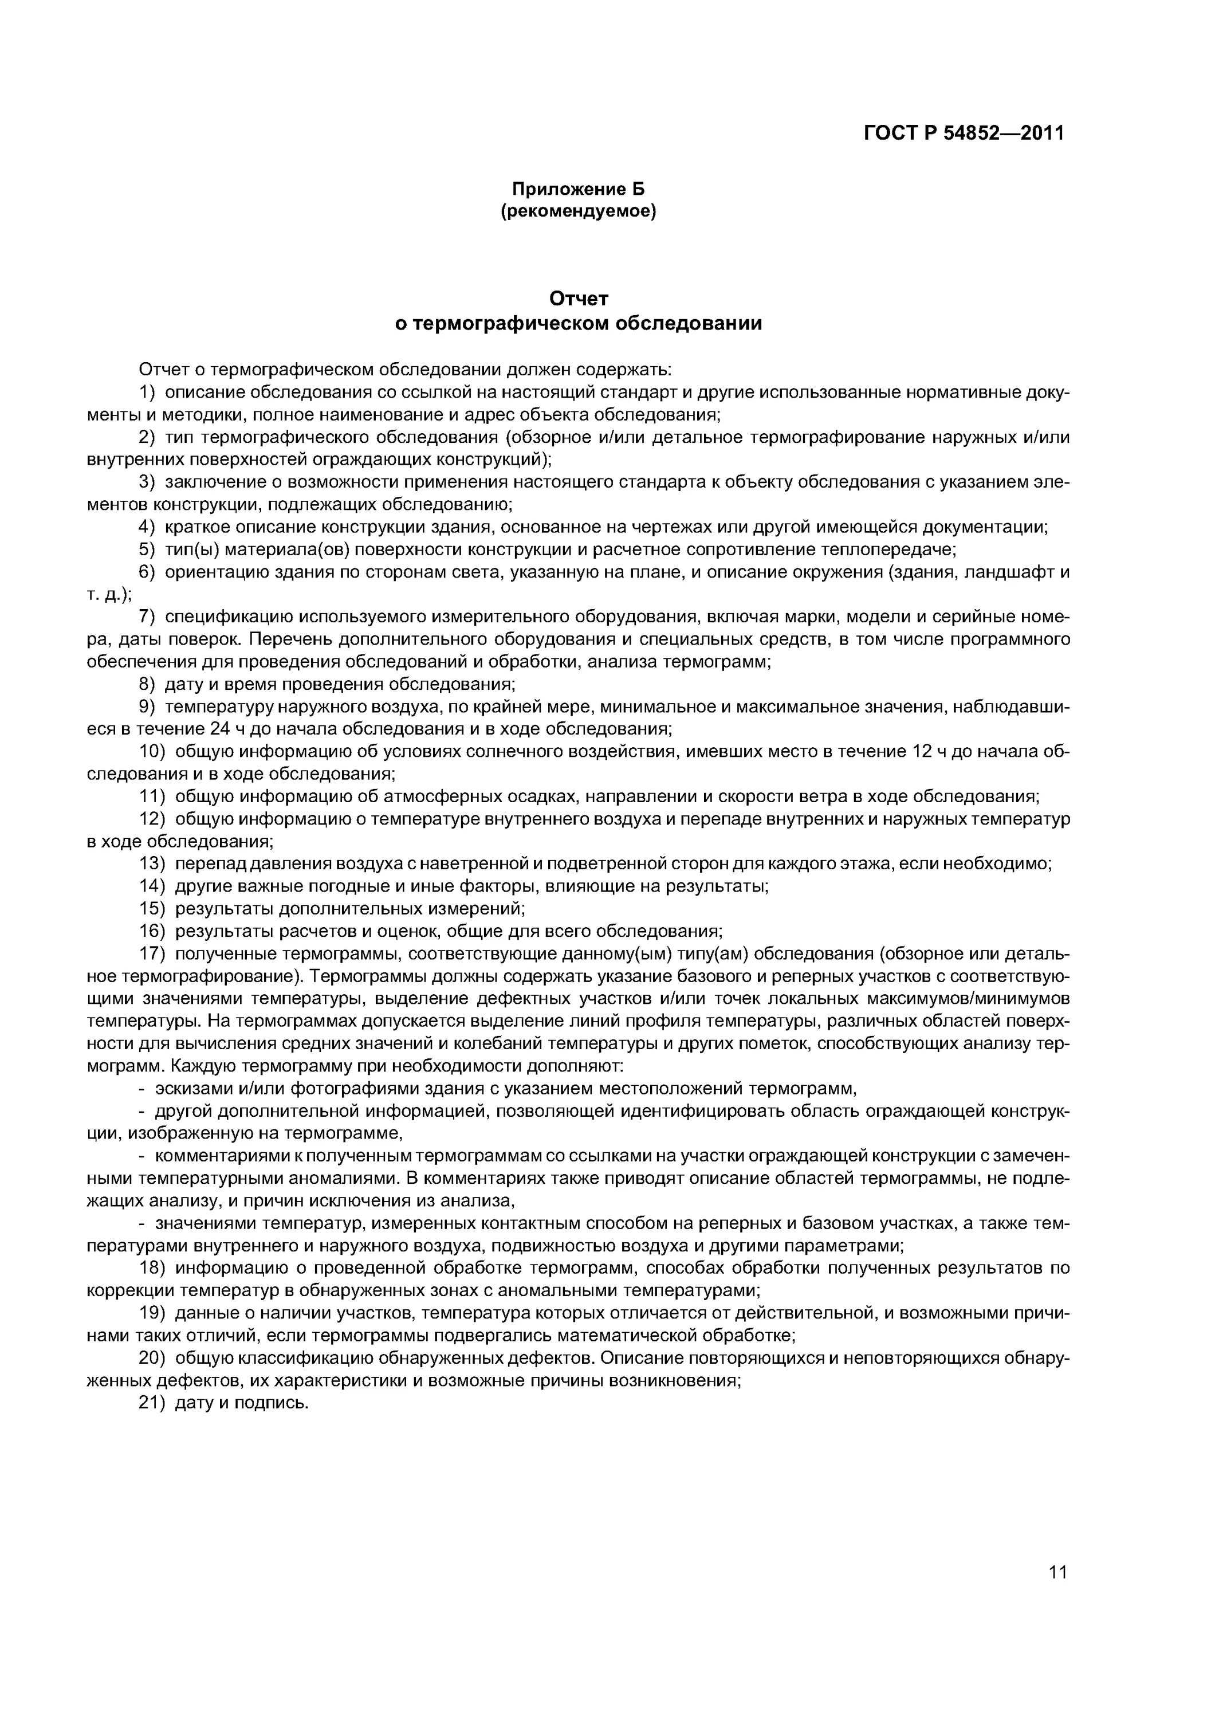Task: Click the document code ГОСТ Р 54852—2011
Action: (x=964, y=134)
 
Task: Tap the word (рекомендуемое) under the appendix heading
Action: (x=578, y=212)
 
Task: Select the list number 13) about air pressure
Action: (x=152, y=864)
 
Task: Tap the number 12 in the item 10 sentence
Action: (x=922, y=752)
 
